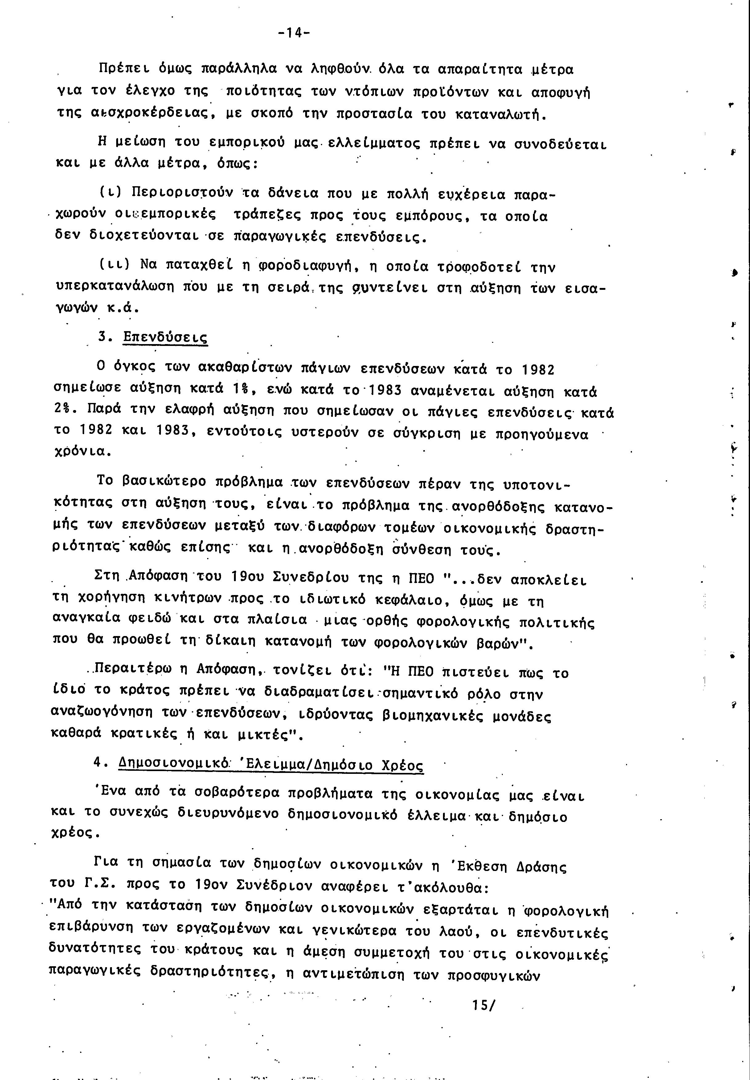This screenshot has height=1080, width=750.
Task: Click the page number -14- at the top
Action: pyautogui.click(x=294, y=33)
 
